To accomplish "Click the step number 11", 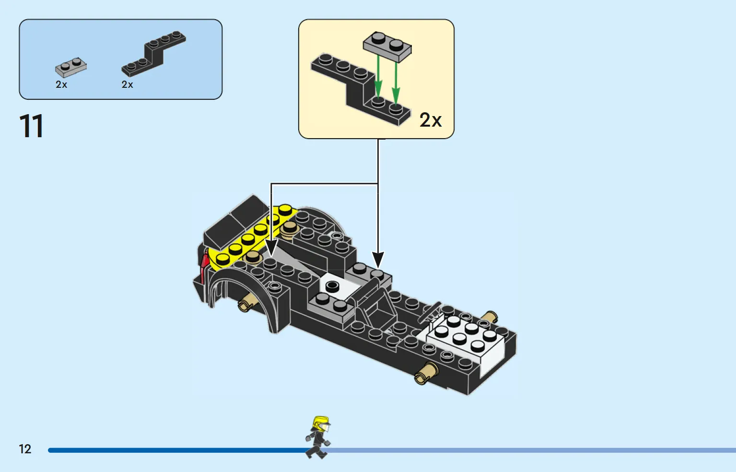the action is (x=32, y=126).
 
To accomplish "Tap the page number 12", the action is (x=25, y=449).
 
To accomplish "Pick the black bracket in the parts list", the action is (x=153, y=54).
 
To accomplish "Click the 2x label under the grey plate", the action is (x=61, y=85).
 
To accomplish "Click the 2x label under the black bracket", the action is (x=127, y=85).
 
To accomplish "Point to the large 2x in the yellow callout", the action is (x=431, y=120).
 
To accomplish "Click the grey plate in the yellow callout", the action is (x=387, y=47).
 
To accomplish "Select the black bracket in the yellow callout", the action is (x=361, y=89).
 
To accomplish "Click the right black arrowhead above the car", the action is (x=378, y=260).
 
